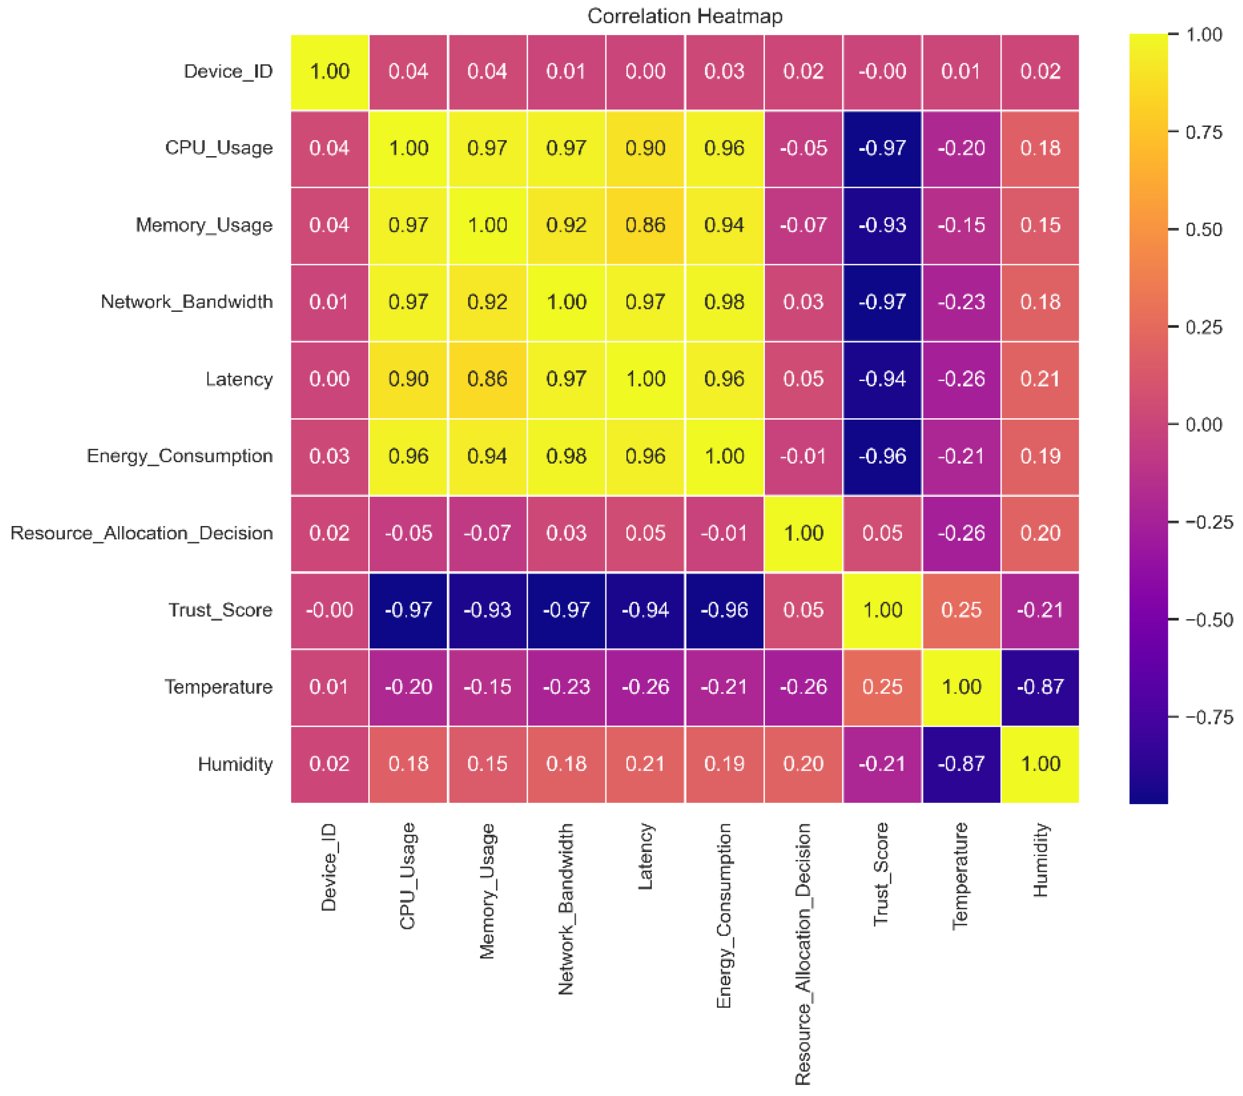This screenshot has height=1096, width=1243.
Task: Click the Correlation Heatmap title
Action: tap(685, 16)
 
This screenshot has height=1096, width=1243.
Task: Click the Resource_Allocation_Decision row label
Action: tap(141, 533)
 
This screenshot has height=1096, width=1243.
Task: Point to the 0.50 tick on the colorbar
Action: tap(1203, 230)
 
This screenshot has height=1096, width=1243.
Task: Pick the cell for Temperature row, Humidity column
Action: tap(1041, 687)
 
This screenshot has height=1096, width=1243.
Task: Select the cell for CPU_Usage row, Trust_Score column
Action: tap(882, 148)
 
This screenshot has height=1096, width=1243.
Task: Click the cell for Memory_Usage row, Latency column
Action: tap(645, 225)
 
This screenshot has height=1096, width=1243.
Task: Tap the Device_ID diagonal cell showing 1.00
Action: tap(330, 72)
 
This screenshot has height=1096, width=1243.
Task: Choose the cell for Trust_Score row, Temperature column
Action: tap(962, 610)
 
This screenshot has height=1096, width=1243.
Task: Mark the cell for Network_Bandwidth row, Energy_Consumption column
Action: tap(724, 302)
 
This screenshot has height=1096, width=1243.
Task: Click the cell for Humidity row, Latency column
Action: tap(645, 764)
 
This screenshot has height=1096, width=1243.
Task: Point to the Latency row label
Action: tap(239, 380)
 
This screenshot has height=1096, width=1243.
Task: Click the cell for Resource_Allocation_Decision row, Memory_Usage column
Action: tap(487, 533)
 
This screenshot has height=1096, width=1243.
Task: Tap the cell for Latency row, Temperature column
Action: tap(962, 380)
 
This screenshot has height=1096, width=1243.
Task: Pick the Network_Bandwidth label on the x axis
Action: tap(566, 909)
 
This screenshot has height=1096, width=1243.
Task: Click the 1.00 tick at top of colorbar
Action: tap(1203, 35)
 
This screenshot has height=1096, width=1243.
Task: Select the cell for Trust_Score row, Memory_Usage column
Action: tap(487, 610)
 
